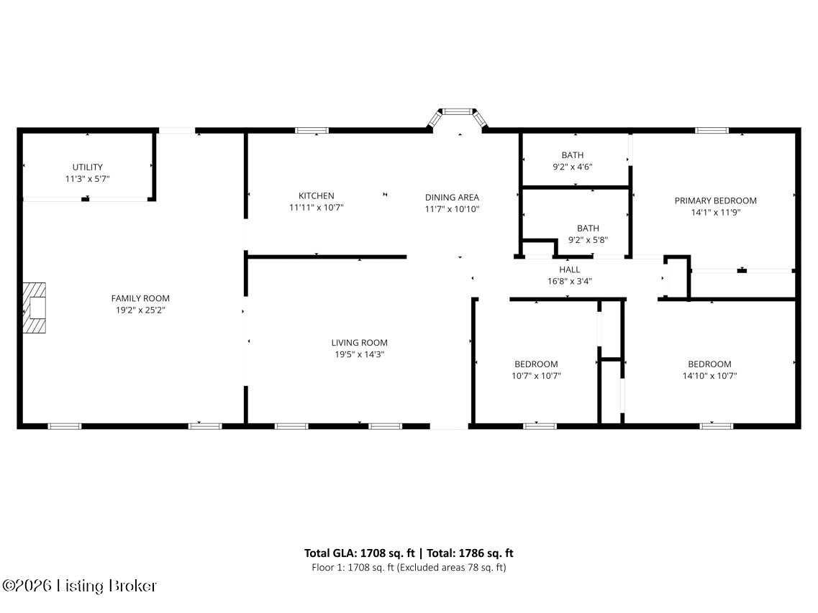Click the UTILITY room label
click(x=87, y=167)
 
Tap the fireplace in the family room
click(x=34, y=308)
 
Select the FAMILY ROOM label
click(x=140, y=298)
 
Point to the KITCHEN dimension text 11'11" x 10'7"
click(x=316, y=208)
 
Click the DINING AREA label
click(x=452, y=197)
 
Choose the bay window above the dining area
click(x=458, y=117)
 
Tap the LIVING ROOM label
click(x=360, y=343)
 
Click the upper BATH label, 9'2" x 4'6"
click(x=572, y=155)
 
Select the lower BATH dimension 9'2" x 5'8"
click(x=588, y=240)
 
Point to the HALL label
click(x=570, y=269)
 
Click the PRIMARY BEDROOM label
click(x=715, y=201)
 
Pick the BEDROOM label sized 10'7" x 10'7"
click(x=536, y=364)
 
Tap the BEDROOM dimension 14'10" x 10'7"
click(x=709, y=376)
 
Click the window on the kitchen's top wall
click(x=312, y=130)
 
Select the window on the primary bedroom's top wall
click(x=712, y=130)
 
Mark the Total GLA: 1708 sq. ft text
click(x=360, y=553)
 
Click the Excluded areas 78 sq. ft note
click(x=452, y=567)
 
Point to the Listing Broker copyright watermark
click(x=79, y=586)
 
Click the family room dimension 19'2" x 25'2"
click(x=140, y=310)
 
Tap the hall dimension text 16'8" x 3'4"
click(x=570, y=282)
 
